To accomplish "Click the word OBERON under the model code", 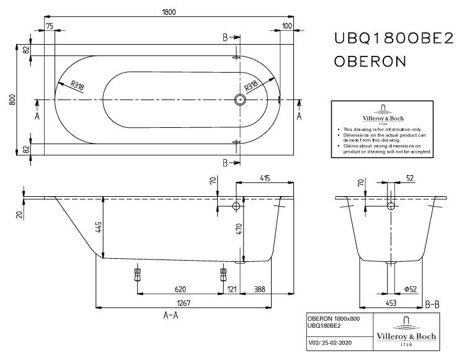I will click(x=370, y=62).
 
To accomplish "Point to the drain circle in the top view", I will click(x=240, y=99).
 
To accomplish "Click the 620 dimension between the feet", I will click(x=180, y=289).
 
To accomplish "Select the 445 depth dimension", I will click(x=98, y=228).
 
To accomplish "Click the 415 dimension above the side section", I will click(x=265, y=179).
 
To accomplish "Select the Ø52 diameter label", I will click(x=410, y=289).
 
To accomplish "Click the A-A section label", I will click(x=171, y=315).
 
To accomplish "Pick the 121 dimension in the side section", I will click(x=232, y=289).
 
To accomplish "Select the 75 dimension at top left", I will click(x=50, y=25).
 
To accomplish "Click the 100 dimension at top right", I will click(x=287, y=25).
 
